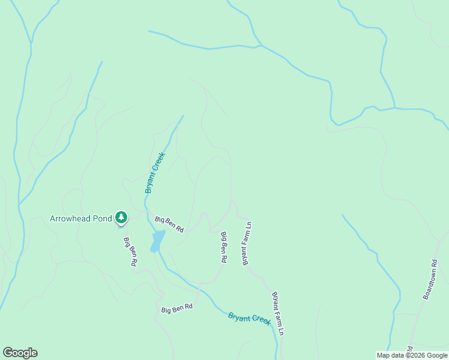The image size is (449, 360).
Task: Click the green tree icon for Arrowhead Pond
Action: [x=121, y=218]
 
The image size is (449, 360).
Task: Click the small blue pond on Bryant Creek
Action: [x=157, y=241]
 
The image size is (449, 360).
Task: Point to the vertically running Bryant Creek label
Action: [x=154, y=173]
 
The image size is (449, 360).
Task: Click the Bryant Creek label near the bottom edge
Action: [x=250, y=319]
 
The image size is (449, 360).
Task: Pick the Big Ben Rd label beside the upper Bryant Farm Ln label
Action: [x=223, y=248]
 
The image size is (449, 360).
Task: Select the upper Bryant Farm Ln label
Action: [x=246, y=244]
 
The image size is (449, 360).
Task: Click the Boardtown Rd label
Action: [x=430, y=280]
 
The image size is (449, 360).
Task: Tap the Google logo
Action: [x=20, y=353]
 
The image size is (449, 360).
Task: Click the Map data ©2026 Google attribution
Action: [x=412, y=355]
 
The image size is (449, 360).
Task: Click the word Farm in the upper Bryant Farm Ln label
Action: [x=246, y=242]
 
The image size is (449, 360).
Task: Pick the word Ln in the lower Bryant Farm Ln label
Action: [x=280, y=329]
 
